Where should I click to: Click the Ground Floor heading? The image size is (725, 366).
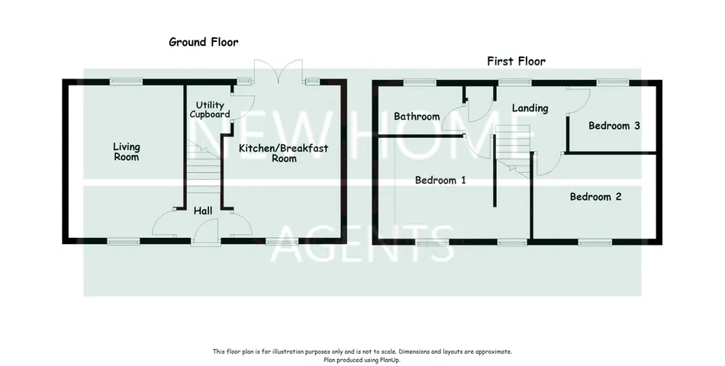(x=204, y=42)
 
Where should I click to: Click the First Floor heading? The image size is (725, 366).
(x=516, y=61)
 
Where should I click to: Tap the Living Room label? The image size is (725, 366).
(x=126, y=152)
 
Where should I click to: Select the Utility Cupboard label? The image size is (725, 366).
(x=209, y=110)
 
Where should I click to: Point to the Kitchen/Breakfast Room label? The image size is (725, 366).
(x=283, y=153)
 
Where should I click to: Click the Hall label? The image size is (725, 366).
(x=203, y=211)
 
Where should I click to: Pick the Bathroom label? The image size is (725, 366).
(x=417, y=117)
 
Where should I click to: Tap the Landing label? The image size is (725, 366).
(x=530, y=108)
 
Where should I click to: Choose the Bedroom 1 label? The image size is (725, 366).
(x=440, y=180)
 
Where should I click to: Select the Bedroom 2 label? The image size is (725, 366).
(x=595, y=197)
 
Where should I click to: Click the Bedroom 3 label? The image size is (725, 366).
(x=614, y=125)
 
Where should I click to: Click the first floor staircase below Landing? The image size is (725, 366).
(x=512, y=151)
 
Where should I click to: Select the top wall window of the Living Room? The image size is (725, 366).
(x=126, y=82)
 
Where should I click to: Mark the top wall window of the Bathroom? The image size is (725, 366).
(x=420, y=82)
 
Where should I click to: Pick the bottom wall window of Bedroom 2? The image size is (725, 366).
(x=595, y=241)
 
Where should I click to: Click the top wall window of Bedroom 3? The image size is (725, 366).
(x=613, y=82)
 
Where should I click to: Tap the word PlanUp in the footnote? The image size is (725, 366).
(x=390, y=360)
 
